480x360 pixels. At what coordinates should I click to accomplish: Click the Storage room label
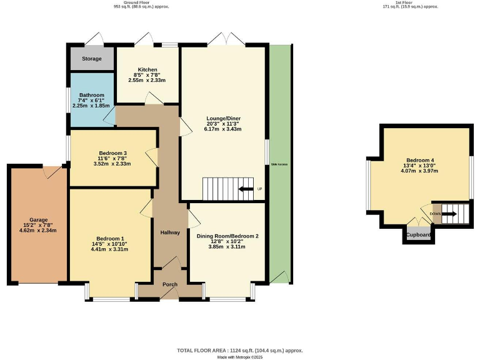pos(91,59)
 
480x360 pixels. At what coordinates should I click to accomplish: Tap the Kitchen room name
pos(148,69)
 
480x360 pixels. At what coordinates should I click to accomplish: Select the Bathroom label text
pos(91,95)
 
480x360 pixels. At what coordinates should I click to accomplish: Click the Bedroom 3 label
pos(113,153)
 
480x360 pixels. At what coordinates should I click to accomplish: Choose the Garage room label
pos(38,220)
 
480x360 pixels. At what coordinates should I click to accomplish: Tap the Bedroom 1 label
pos(109,237)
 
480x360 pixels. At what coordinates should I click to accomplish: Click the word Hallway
pos(170,232)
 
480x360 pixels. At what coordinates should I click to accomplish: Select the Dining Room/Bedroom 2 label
pos(227,236)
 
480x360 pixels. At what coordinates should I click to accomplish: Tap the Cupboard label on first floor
pos(419,235)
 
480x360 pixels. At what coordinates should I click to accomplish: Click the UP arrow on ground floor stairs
pos(246,189)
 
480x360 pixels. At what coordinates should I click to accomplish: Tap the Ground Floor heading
pos(141,2)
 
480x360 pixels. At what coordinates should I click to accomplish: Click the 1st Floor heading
pos(410,2)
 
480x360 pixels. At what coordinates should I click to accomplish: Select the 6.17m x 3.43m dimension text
pos(224,129)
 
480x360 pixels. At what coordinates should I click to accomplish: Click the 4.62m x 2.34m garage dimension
pos(38,231)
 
